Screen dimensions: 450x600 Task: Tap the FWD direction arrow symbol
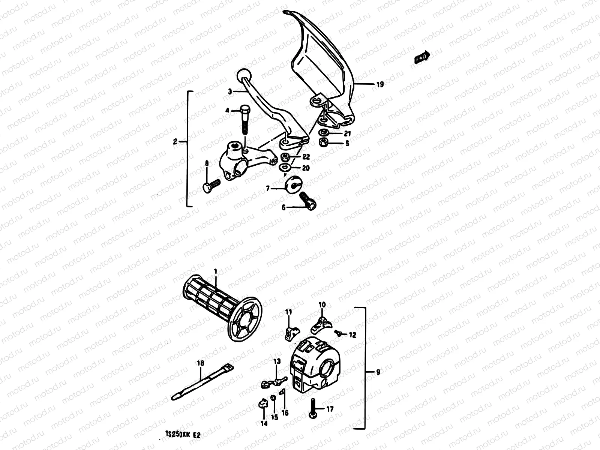tap(423, 57)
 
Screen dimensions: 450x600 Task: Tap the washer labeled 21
tap(323, 133)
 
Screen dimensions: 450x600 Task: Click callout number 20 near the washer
tap(306, 168)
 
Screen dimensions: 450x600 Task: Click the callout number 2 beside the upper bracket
tap(175, 141)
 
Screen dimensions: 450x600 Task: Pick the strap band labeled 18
tap(201, 385)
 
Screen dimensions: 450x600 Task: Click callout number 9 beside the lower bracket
tap(378, 372)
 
